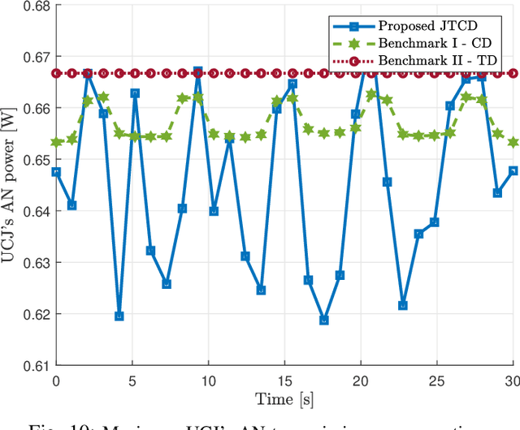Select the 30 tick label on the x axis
pyautogui.click(x=512, y=381)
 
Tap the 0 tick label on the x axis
pyautogui.click(x=56, y=381)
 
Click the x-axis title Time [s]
pyautogui.click(x=284, y=399)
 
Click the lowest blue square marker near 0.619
pyautogui.click(x=324, y=320)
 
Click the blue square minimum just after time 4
pyautogui.click(x=119, y=316)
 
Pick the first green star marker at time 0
pyautogui.click(x=56, y=142)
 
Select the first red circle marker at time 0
pyautogui.click(x=56, y=73)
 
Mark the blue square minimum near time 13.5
pyautogui.click(x=261, y=290)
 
